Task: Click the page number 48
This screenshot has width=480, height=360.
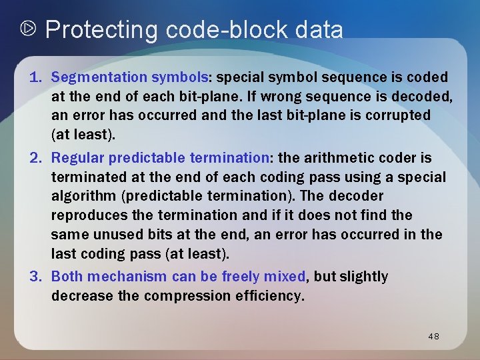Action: pos(433,337)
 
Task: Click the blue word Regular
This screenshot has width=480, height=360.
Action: pos(77,158)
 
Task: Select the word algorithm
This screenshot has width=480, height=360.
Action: pos(81,196)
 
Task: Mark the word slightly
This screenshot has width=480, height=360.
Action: pos(363,277)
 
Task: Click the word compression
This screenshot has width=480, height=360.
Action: pos(185,295)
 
